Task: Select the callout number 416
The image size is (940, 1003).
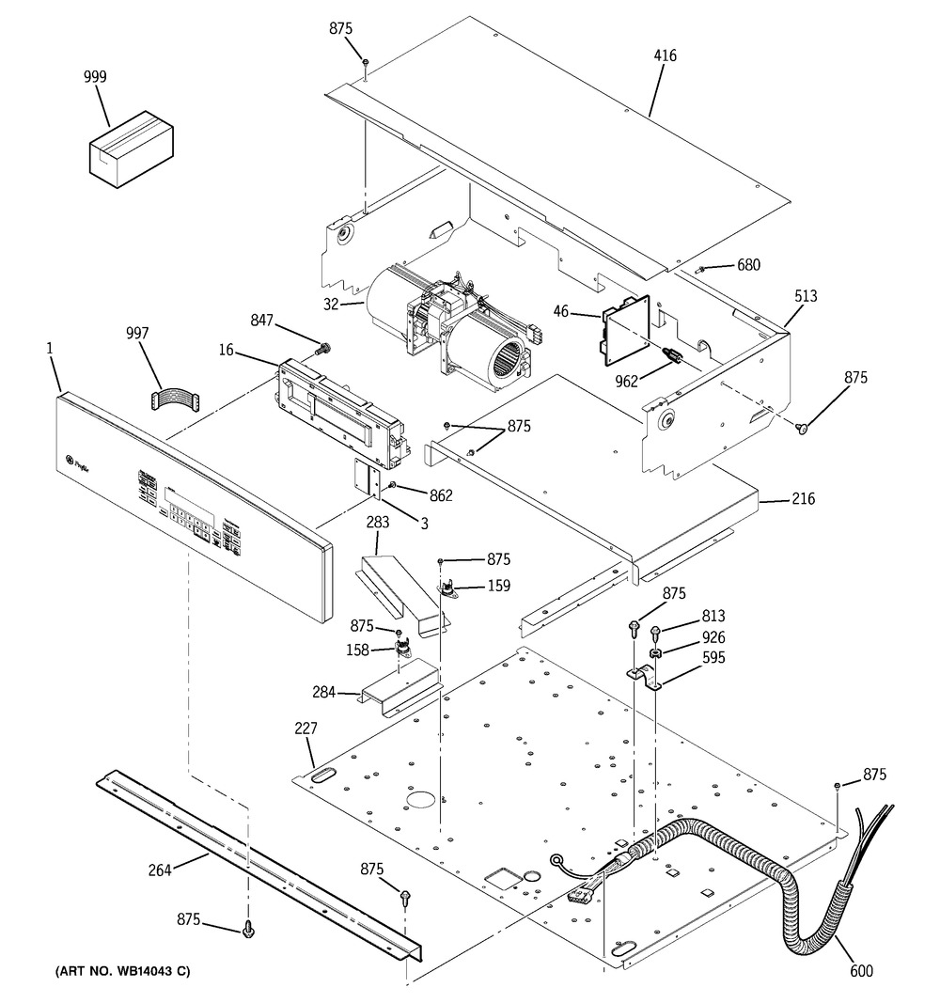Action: tap(665, 56)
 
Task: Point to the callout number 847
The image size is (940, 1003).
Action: tap(262, 321)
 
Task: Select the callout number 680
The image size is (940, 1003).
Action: tap(748, 265)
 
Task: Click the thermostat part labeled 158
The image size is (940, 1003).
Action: tap(404, 648)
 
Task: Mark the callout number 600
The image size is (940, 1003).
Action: tap(861, 971)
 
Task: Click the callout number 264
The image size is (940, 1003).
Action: tap(159, 870)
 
